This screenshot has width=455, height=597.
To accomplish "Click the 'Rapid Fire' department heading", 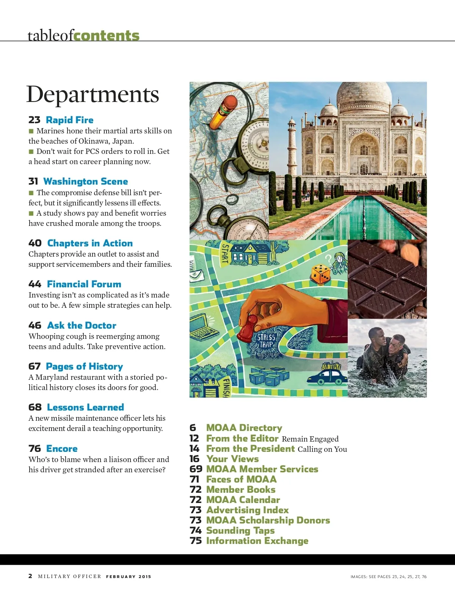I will click(x=69, y=120).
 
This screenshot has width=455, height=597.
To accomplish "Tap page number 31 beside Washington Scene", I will click(x=33, y=182).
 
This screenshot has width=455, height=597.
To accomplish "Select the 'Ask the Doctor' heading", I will click(x=82, y=326).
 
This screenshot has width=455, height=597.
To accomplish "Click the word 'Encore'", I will click(x=62, y=449).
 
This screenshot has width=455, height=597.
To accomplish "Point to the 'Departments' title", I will click(x=93, y=94).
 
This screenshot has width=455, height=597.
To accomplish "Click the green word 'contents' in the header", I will click(x=107, y=36).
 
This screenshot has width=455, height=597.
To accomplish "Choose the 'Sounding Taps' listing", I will click(x=240, y=531).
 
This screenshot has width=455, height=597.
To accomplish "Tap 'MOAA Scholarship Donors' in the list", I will click(x=268, y=520).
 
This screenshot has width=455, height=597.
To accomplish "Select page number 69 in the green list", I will click(x=196, y=469).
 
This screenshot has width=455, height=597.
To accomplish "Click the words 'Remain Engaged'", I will click(x=310, y=439).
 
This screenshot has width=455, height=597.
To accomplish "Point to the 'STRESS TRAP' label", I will click(x=266, y=340).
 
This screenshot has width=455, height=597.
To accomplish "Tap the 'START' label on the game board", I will click(x=225, y=253).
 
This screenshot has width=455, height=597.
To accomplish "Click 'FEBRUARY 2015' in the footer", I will click(x=129, y=577).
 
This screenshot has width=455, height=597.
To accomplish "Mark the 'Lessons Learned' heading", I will click(x=85, y=407).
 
